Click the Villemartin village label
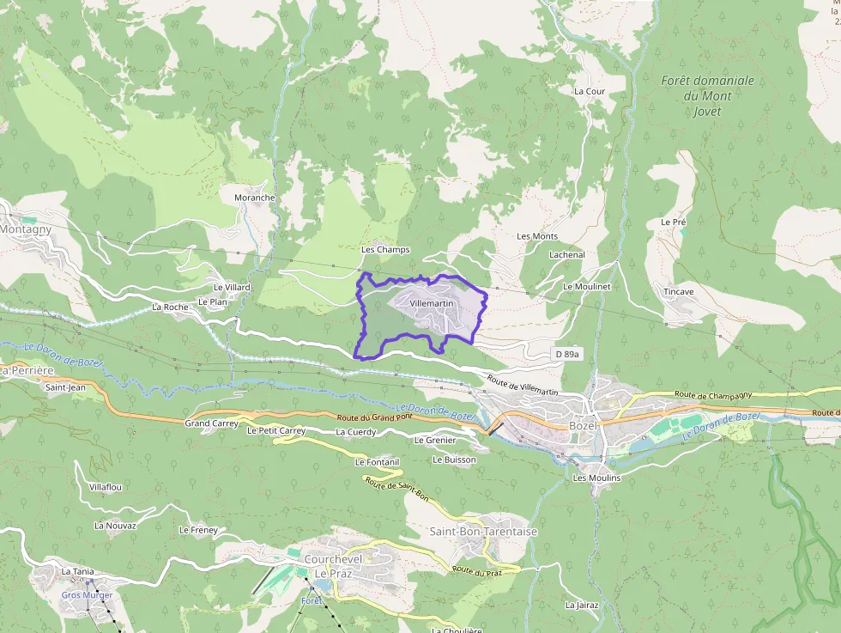pos(432,304)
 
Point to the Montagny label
pos(26,229)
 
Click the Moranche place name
pos(254,198)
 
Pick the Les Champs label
pos(385,250)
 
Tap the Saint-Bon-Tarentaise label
pos(483,532)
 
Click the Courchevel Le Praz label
pos(334,565)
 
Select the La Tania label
pos(77,571)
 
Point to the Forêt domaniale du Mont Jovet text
pos(707,95)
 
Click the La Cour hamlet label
pos(590,91)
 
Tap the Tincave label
pos(678,292)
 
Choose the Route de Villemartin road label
pos(522,385)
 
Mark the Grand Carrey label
pos(211,423)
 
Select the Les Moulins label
pos(596,478)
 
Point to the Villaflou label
pos(106,487)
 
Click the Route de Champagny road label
pos(713,395)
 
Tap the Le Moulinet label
pos(586,286)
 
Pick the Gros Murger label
pos(87,595)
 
